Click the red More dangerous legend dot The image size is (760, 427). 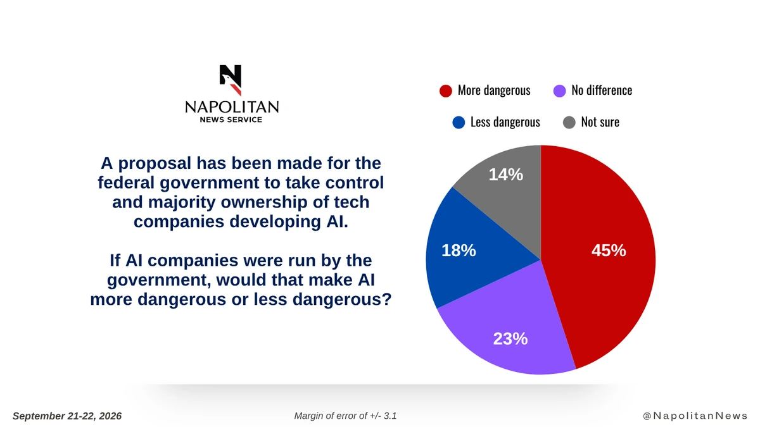tap(445, 91)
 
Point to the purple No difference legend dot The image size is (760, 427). tap(559, 91)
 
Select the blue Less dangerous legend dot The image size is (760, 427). tap(459, 122)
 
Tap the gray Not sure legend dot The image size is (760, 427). tap(569, 122)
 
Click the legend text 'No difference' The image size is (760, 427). tap(602, 90)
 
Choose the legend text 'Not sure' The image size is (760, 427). tap(600, 122)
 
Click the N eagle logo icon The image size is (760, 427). tap(231, 80)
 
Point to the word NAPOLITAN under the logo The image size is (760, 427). tap(232, 107)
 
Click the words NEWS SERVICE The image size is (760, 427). tap(231, 120)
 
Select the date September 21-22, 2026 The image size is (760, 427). tap(67, 416)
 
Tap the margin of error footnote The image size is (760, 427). tap(345, 416)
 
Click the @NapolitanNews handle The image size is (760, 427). tap(695, 416)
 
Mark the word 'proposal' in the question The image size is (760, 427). tap(155, 164)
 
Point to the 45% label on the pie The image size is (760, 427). tap(609, 251)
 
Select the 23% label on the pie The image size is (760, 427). tap(510, 338)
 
